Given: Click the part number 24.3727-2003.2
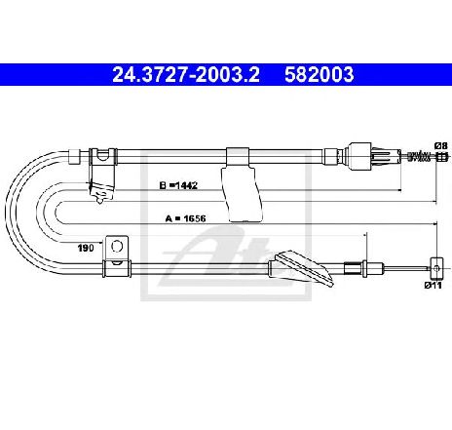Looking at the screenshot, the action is (186, 74).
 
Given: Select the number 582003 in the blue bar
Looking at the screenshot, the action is (319, 74).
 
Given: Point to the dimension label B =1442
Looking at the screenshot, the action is (178, 185).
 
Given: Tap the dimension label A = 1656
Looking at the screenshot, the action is (185, 218).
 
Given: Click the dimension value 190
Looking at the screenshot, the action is (86, 248).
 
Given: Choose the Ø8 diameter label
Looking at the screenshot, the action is (441, 145).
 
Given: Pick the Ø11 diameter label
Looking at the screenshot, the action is (433, 286).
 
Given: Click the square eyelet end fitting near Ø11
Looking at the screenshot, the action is (436, 268).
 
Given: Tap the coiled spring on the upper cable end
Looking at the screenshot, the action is (420, 156).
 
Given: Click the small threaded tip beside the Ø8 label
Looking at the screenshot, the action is (441, 157).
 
